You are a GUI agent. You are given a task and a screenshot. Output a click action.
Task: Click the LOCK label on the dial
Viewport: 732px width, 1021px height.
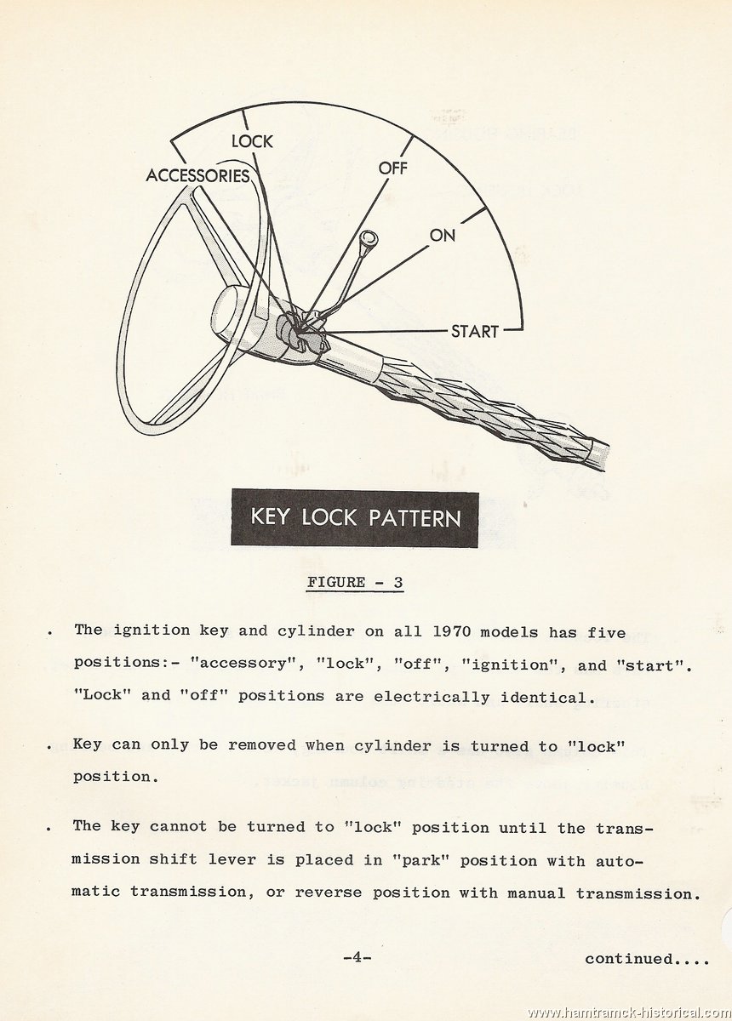click(252, 141)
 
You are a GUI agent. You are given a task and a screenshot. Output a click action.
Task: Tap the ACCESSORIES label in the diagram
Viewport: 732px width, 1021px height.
click(198, 175)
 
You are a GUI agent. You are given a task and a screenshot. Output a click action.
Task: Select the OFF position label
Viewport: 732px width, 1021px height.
click(392, 168)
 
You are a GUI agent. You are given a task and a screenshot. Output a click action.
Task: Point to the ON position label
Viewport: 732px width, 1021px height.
click(442, 235)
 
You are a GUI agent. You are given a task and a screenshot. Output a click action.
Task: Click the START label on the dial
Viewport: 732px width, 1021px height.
click(474, 331)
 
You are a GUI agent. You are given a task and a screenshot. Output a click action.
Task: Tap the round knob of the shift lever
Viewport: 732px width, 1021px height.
click(368, 238)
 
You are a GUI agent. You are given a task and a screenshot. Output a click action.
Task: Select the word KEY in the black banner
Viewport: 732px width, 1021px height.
click(270, 518)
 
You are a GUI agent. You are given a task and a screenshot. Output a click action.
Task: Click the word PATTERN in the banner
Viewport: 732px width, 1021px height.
click(415, 518)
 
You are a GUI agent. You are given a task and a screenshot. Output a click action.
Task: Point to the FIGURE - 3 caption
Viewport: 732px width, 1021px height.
click(355, 582)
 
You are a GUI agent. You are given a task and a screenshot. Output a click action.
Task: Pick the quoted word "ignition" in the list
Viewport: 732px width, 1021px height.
click(511, 665)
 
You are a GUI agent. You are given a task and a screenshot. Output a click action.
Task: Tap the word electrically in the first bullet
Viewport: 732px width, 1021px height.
click(432, 697)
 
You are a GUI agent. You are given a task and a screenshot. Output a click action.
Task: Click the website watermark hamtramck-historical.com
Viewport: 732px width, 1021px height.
click(630, 1012)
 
